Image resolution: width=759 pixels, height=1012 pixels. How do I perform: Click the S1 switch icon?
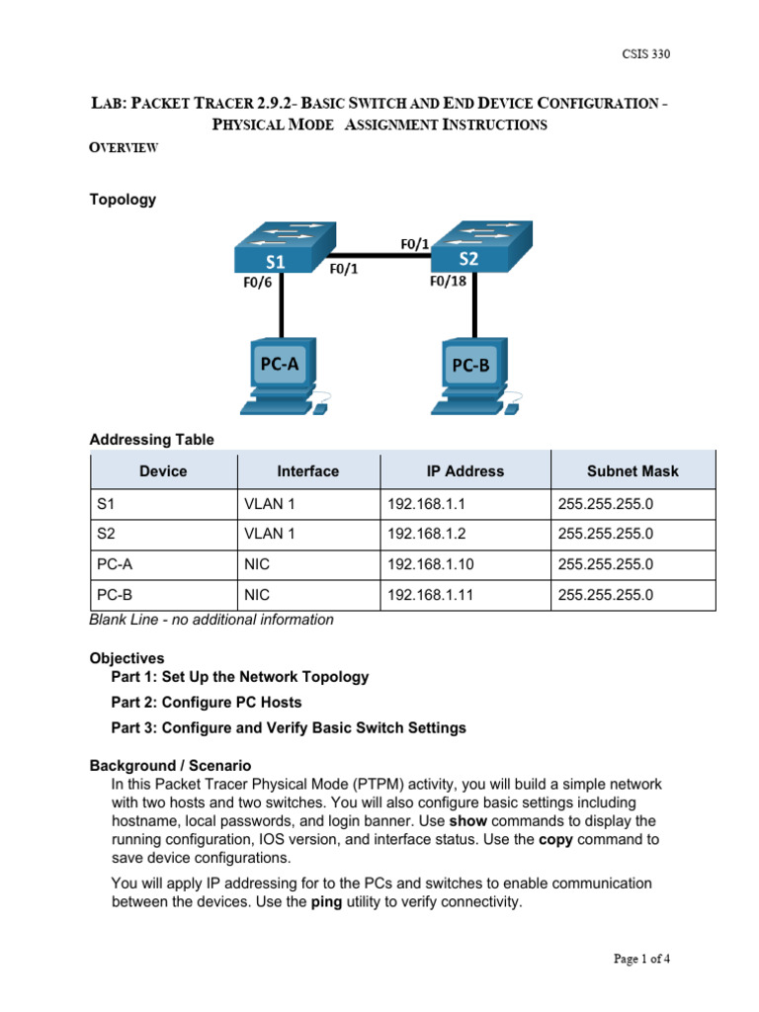click(x=283, y=247)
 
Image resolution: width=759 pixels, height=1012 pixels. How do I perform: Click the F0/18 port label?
click(x=448, y=281)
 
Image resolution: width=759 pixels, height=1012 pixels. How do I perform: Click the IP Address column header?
click(x=464, y=471)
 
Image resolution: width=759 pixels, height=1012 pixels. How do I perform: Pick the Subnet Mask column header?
click(x=632, y=471)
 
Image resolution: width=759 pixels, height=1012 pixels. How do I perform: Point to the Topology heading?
click(x=123, y=200)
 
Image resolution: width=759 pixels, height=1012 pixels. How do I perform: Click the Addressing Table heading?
click(x=151, y=440)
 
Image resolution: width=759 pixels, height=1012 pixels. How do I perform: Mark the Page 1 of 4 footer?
click(x=641, y=959)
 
